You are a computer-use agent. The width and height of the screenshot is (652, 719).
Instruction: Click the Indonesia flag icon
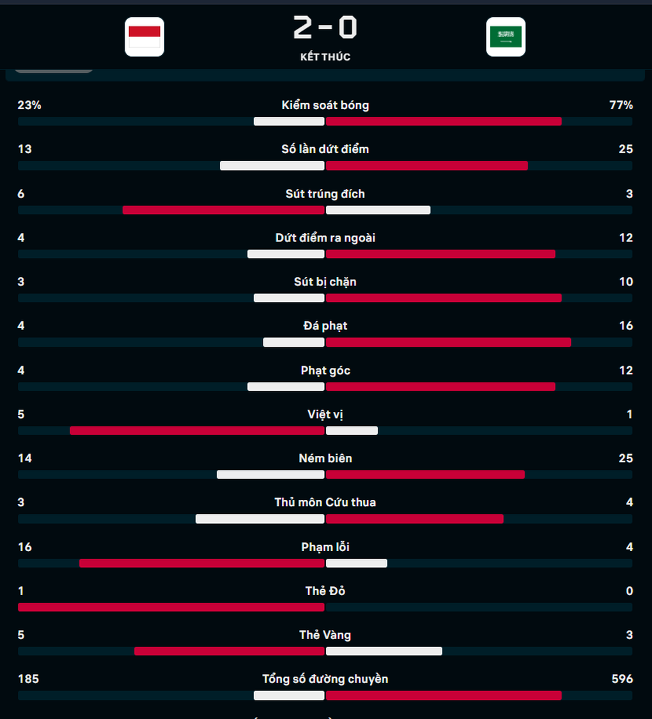click(x=144, y=37)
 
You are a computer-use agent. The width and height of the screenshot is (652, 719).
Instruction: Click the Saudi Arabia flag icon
click(x=506, y=37)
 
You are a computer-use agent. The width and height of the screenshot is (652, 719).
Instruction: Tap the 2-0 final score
click(x=325, y=28)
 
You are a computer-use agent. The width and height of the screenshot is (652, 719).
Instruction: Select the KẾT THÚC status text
click(x=325, y=57)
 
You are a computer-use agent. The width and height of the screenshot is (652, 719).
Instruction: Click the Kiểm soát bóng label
click(x=325, y=105)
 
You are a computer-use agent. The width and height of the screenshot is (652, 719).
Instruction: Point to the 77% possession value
click(x=621, y=105)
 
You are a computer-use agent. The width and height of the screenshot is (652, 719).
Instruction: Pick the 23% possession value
click(x=29, y=105)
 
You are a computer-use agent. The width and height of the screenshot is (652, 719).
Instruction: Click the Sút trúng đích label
click(x=325, y=193)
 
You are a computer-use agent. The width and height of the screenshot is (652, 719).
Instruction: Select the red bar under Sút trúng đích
click(x=224, y=210)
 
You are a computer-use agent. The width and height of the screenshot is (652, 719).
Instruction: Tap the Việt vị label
click(x=325, y=414)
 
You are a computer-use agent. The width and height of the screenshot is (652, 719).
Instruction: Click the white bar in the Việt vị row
click(x=352, y=430)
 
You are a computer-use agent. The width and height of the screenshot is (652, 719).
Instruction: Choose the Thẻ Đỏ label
click(x=325, y=591)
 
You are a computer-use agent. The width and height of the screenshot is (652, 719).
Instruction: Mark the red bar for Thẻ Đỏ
click(x=171, y=607)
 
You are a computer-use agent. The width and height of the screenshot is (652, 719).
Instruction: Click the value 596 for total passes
click(x=622, y=679)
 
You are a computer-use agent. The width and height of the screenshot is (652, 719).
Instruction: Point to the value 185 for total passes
click(x=28, y=679)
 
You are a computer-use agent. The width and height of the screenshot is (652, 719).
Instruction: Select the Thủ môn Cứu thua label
click(x=325, y=503)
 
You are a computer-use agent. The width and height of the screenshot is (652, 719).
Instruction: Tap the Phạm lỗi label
click(x=325, y=547)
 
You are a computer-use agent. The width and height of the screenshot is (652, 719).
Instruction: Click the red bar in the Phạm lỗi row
click(x=202, y=563)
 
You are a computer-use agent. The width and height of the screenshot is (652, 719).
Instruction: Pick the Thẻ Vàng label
click(x=325, y=635)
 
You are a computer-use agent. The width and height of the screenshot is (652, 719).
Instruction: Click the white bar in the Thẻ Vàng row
click(x=384, y=651)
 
